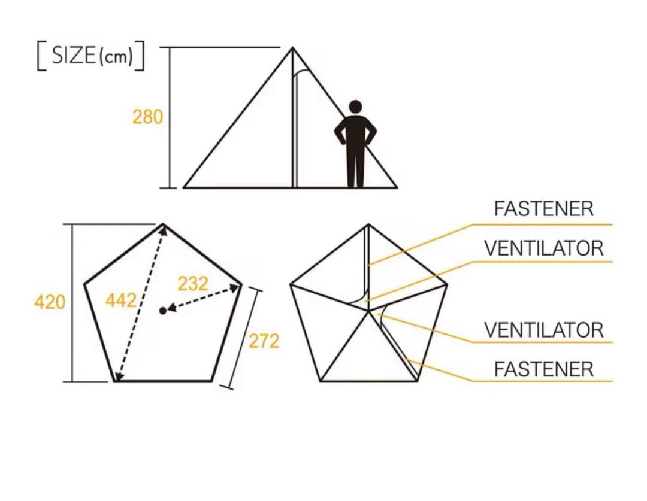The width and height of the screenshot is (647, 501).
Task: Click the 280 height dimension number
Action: [147, 117]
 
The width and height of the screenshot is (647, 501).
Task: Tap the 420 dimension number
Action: [50, 302]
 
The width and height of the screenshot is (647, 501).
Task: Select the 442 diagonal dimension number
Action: [120, 300]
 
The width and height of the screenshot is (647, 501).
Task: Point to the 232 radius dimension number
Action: [193, 284]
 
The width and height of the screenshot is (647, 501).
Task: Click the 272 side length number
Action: [264, 341]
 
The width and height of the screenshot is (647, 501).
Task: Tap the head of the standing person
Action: [355, 107]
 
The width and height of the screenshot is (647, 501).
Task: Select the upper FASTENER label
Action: [544, 209]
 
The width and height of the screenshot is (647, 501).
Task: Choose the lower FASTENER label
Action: [544, 369]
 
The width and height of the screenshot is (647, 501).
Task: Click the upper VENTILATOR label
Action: [544, 248]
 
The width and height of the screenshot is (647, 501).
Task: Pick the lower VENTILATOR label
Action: [544, 330]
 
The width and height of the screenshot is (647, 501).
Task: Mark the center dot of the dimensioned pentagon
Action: [162, 311]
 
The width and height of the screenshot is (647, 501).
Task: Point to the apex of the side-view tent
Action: [292, 48]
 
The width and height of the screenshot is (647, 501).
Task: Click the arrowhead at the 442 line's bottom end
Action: [119, 376]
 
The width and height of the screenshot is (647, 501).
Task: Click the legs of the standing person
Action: [355, 169]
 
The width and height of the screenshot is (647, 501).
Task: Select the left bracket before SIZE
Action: [41, 56]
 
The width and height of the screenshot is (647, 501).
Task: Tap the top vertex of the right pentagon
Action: [368, 225]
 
